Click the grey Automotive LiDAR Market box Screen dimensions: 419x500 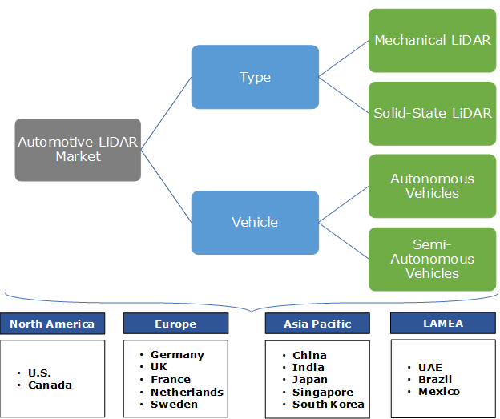coord(78,150)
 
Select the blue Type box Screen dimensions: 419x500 coord(255,77)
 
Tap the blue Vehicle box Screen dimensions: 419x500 coord(255,222)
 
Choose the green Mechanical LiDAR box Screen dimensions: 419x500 coord(432,40)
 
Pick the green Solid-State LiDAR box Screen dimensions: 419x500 coord(432,113)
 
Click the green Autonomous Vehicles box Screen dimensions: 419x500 coord(432,186)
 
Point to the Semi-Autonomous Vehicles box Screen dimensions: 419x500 coord(432,259)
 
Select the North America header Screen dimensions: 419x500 coord(52,324)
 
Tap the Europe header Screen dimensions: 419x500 coord(175,324)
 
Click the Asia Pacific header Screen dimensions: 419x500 coord(317,324)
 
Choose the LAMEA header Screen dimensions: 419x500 coord(442,324)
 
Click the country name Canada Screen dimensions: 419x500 coord(50,385)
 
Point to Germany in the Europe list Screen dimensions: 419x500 coord(177,354)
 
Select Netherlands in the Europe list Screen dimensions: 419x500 coord(187,392)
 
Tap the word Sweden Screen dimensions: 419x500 coord(174,404)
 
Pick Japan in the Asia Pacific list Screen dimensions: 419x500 coord(308,380)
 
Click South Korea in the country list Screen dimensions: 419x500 coord(329,405)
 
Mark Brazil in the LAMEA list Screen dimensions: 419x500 coord(435,379)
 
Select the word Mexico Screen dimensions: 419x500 coord(439,392)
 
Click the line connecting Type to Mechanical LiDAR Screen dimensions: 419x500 coord(344,59)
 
